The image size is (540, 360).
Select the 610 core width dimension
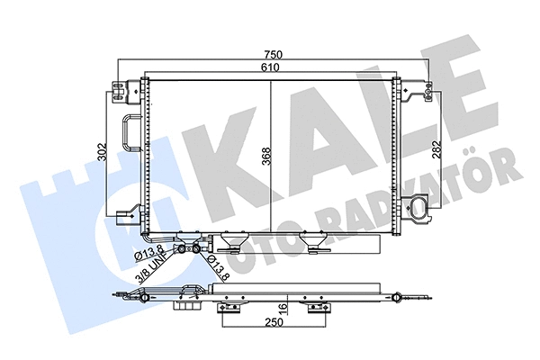point(272,68)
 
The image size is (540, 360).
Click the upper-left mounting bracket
point(120,86)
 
